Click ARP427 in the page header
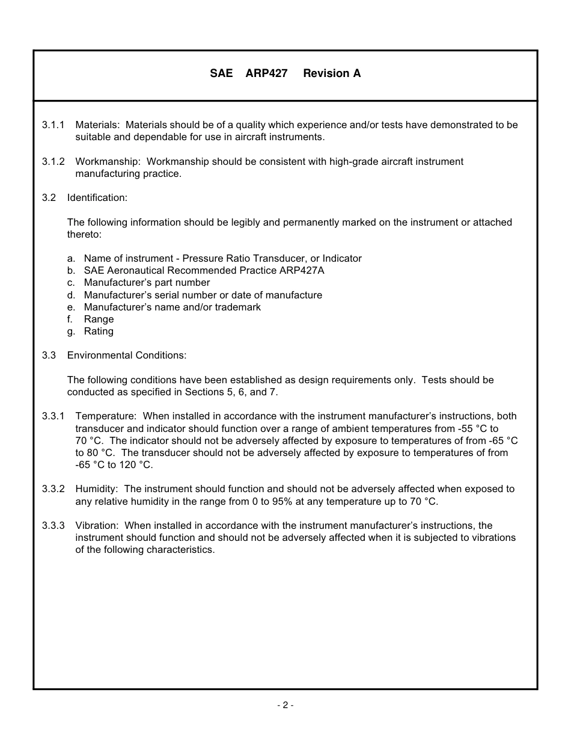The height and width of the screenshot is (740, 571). tap(266, 73)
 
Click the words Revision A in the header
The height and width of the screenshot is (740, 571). tap(332, 73)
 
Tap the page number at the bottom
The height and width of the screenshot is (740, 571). tap(285, 705)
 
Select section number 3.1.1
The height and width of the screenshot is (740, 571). tap(53, 125)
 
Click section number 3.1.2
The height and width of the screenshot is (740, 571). tap(53, 162)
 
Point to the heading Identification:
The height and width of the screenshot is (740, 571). tap(97, 198)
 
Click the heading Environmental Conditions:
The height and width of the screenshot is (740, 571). tap(127, 356)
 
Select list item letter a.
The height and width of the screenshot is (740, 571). tap(71, 259)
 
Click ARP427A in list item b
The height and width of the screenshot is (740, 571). tap(302, 271)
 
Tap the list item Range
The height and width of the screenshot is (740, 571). tap(99, 319)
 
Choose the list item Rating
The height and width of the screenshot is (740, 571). tap(99, 331)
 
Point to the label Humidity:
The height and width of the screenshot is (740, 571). tap(97, 489)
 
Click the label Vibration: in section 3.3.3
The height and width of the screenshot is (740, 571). tap(97, 526)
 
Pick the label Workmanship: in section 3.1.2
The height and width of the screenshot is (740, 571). tap(108, 162)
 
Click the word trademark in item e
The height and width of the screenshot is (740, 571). tap(238, 307)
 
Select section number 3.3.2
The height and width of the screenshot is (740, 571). tap(53, 489)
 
